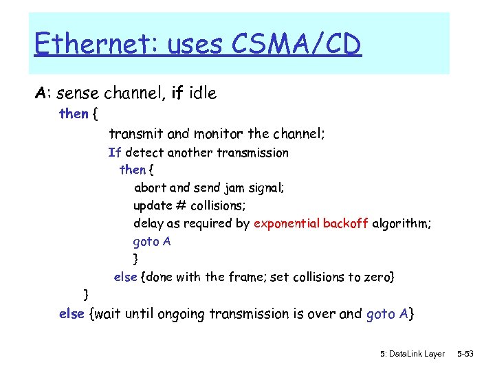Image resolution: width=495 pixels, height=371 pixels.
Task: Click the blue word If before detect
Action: click(115, 153)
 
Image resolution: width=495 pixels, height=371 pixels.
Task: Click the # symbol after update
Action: click(181, 205)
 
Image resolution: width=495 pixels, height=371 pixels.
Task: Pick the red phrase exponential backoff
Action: click(311, 223)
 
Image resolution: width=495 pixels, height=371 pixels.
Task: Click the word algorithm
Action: click(401, 223)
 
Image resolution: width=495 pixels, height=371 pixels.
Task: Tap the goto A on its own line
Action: click(152, 241)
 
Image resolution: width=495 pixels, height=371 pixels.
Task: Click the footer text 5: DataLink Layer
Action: click(412, 354)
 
